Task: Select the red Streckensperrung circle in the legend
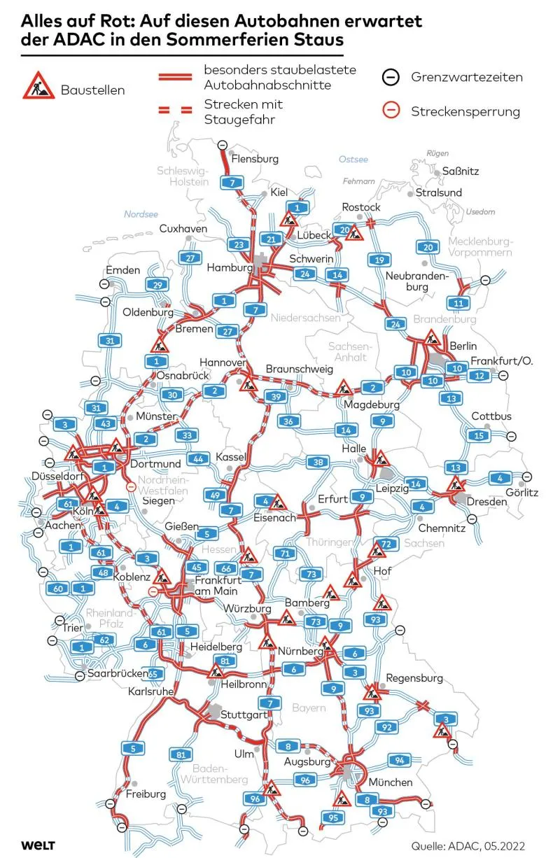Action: (x=392, y=111)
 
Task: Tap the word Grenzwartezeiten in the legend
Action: (x=466, y=76)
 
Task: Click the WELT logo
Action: (x=38, y=845)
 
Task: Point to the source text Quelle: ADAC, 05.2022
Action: (x=468, y=845)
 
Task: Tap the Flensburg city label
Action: (x=254, y=159)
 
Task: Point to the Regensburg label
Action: (x=414, y=678)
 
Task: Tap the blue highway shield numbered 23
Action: (x=239, y=244)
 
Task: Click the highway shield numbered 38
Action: (x=318, y=462)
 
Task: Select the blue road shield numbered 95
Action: (x=333, y=817)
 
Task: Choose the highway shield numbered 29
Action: (x=157, y=284)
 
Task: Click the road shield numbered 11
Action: (x=458, y=302)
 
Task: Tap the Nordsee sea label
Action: (x=141, y=214)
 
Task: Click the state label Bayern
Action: (x=309, y=708)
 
